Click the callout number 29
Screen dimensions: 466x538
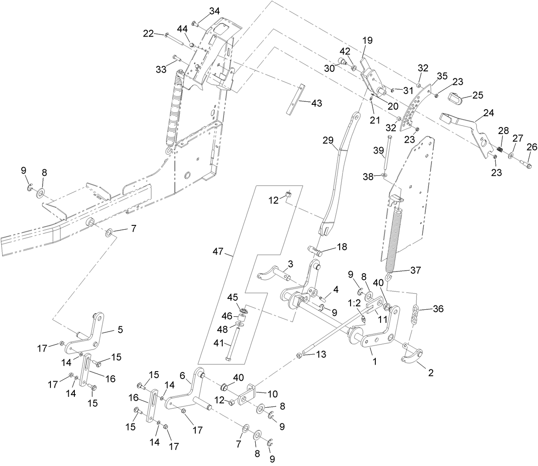point(327,140)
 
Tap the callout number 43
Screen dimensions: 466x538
point(317,103)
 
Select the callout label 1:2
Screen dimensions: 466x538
point(354,303)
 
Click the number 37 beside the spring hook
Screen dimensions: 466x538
point(415,270)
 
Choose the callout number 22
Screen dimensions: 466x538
point(149,34)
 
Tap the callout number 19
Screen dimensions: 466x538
point(368,40)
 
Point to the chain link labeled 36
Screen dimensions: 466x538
point(415,314)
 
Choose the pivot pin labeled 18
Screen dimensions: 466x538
point(316,250)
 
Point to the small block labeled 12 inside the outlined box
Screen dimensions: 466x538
point(287,194)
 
